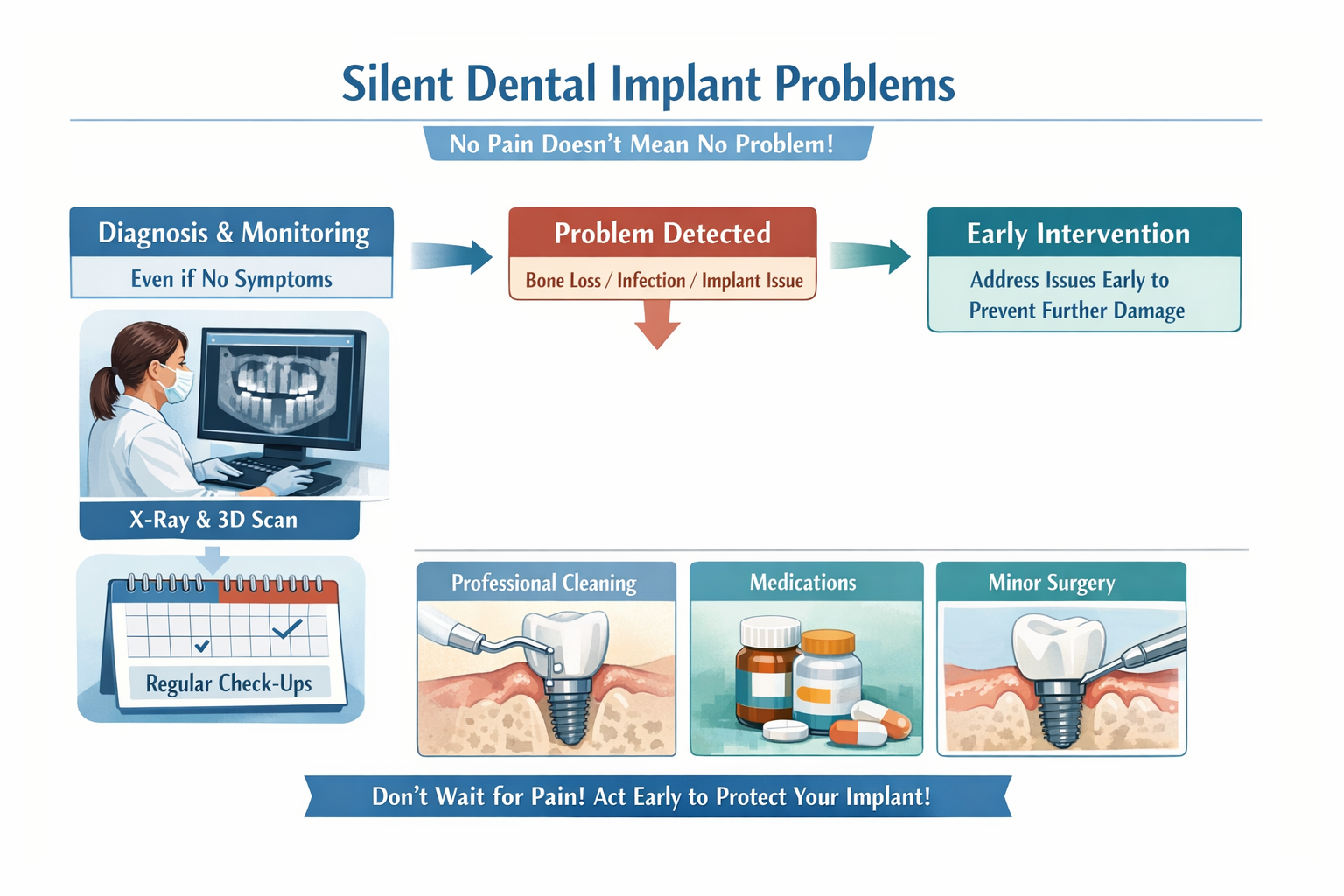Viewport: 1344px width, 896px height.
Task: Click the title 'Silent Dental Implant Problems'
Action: [647, 84]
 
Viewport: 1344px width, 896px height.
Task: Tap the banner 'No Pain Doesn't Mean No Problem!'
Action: [647, 143]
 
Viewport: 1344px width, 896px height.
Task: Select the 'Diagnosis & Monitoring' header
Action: [233, 233]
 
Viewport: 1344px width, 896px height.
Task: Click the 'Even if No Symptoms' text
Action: [231, 279]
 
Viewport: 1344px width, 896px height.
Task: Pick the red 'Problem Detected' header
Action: [662, 234]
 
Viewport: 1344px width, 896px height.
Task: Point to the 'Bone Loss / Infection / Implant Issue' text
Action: [663, 281]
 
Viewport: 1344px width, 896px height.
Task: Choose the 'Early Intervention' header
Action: [1078, 234]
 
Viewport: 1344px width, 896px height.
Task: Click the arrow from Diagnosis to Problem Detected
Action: [451, 256]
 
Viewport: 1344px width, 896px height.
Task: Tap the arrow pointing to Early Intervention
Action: [870, 256]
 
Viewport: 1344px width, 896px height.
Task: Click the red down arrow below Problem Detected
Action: [657, 324]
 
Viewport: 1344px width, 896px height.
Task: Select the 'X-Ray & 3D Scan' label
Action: [214, 520]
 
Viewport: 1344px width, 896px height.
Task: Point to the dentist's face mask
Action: [178, 383]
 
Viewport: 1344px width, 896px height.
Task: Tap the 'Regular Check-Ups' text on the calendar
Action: [228, 683]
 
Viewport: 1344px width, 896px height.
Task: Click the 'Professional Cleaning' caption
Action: [544, 583]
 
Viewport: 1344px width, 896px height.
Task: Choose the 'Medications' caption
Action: [803, 583]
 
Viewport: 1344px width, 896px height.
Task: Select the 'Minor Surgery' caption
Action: [1052, 583]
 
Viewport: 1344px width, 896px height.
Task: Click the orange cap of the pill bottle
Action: [828, 643]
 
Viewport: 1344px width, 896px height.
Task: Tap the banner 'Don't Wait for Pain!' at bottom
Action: [652, 796]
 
